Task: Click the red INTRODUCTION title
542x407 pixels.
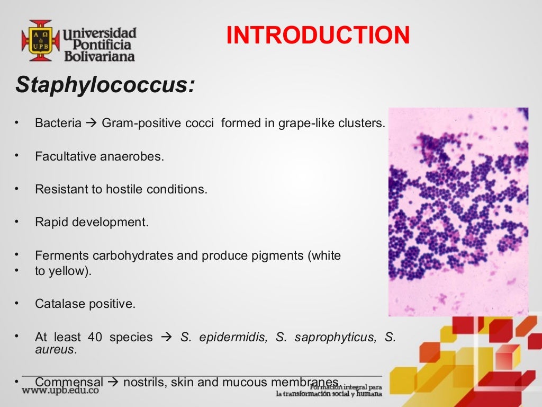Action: tap(318, 36)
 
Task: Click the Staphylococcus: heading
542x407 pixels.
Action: tap(105, 85)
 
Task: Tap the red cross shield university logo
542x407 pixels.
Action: tap(40, 41)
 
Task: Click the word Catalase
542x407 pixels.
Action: tap(58, 304)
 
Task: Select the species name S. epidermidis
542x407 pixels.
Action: tap(223, 337)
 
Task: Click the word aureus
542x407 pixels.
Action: tap(55, 349)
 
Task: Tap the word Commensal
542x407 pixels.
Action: tap(69, 382)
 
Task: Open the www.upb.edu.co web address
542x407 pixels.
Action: tap(60, 390)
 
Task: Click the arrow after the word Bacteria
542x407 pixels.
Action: tap(92, 123)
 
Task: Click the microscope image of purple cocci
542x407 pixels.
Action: tap(458, 212)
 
